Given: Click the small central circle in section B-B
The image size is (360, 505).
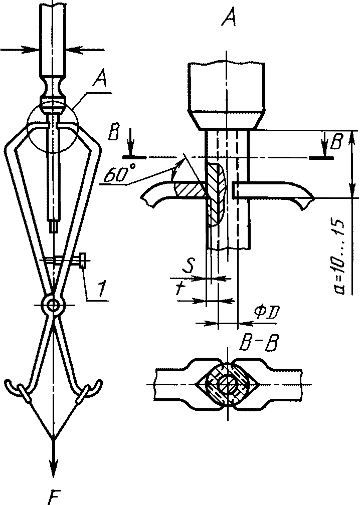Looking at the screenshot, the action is (228, 384).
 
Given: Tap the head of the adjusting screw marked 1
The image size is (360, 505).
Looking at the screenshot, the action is (83, 262).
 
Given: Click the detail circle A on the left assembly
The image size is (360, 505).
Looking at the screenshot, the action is (54, 118).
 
